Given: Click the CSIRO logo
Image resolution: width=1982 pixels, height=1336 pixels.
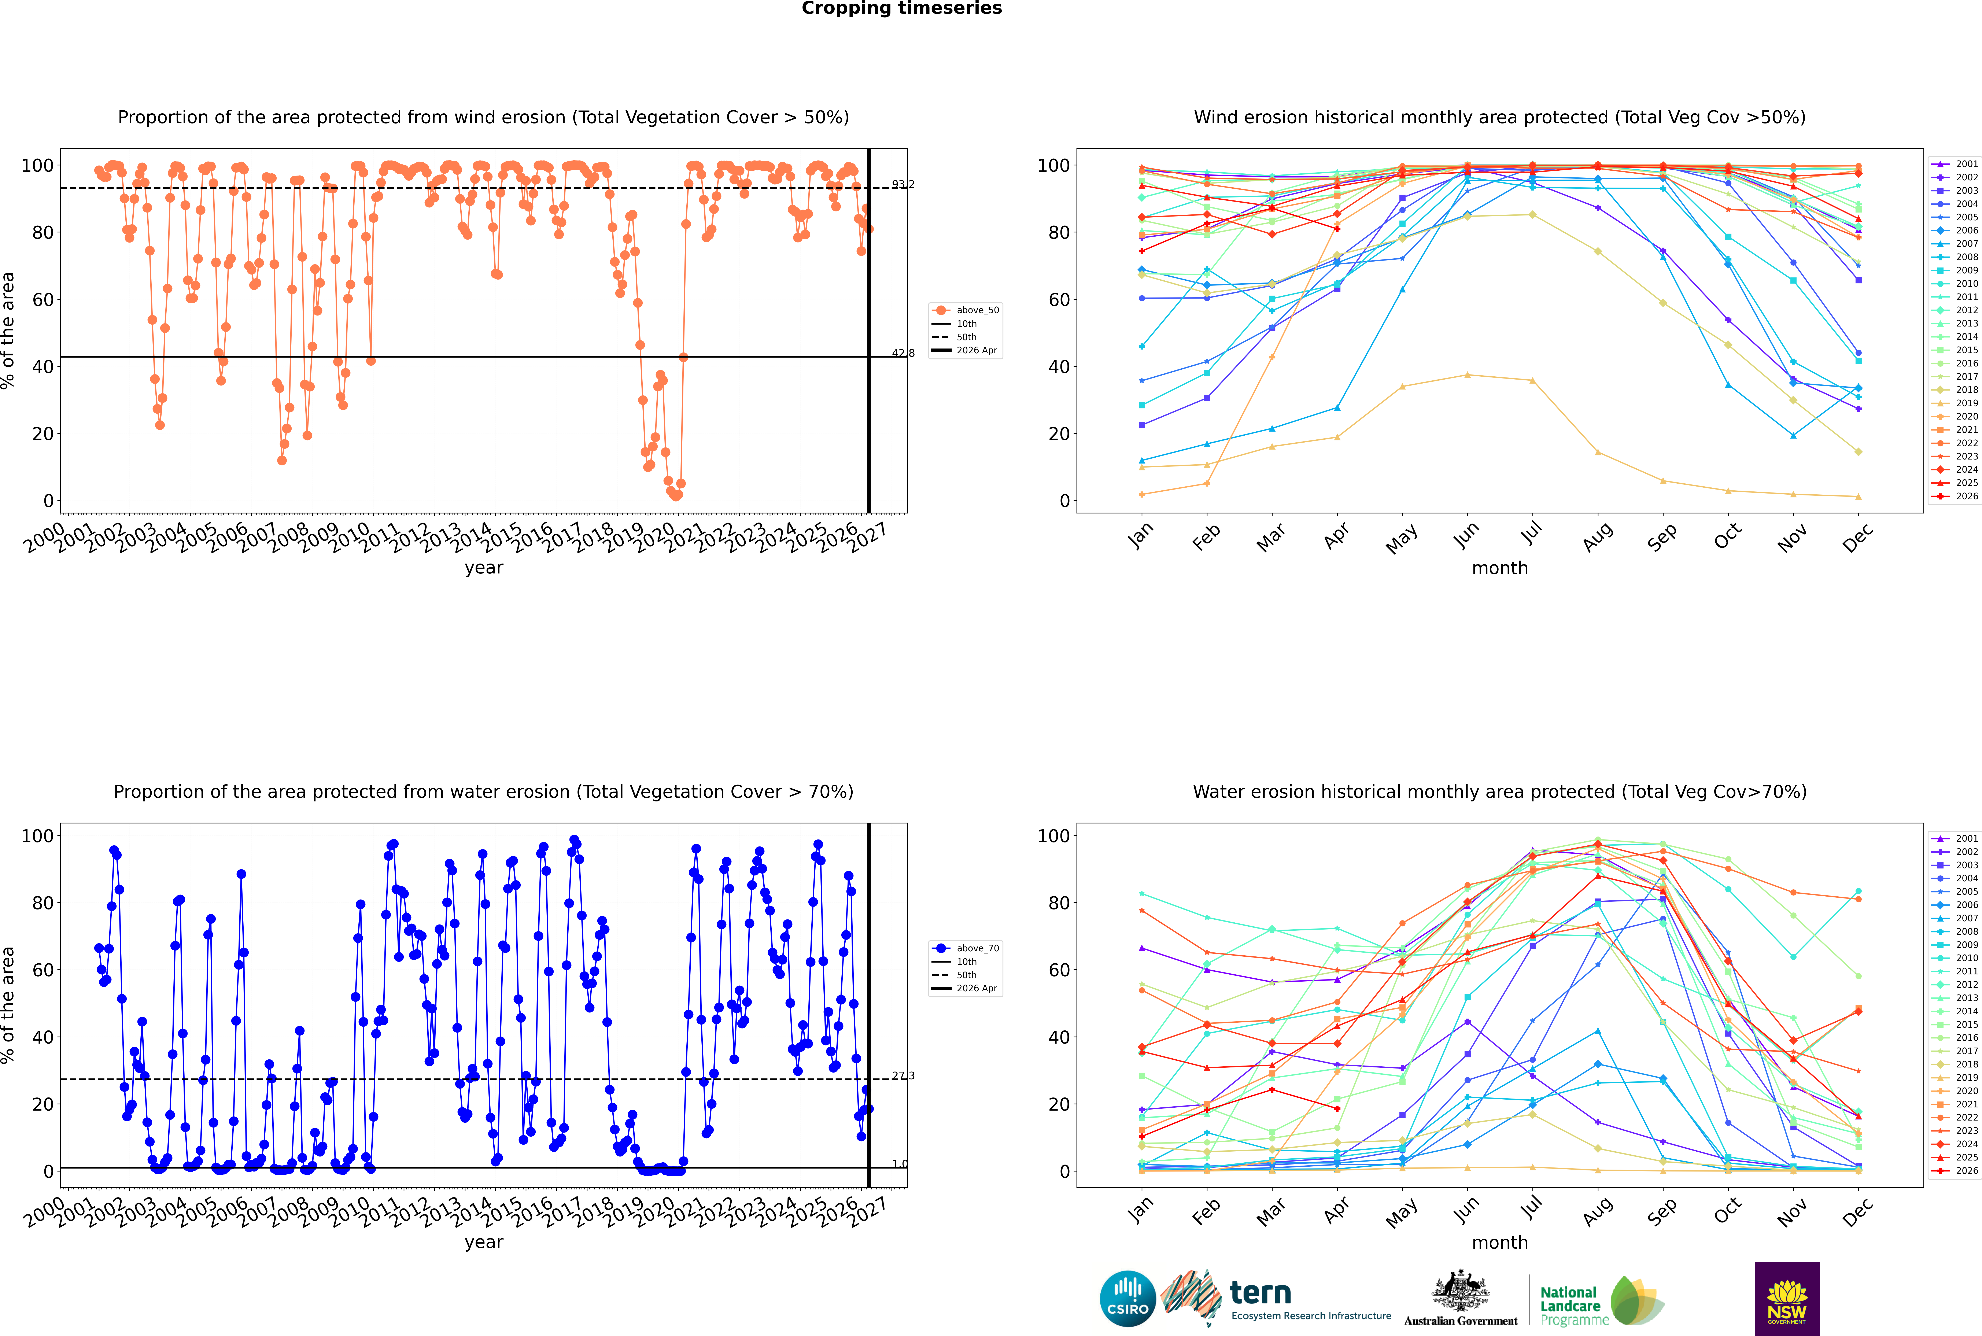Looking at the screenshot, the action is click(1127, 1299).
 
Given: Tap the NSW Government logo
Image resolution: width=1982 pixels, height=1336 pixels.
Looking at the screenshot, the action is click(1787, 1299).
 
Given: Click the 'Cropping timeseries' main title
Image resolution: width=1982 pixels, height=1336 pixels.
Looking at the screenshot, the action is click(901, 8).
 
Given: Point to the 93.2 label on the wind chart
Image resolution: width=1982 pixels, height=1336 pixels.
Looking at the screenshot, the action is click(903, 184).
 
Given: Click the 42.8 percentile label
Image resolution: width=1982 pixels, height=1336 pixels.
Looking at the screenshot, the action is click(903, 353).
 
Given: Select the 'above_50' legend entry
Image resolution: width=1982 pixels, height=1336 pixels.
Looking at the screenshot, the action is click(966, 310).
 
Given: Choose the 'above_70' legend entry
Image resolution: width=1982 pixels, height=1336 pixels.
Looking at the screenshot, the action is click(966, 948).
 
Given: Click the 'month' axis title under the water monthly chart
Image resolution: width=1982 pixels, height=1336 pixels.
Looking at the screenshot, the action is click(1500, 1242).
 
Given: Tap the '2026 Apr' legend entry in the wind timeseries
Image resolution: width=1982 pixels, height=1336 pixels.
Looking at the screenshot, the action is click(966, 350).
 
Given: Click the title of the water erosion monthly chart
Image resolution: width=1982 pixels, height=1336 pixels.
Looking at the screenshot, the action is click(1500, 791).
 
